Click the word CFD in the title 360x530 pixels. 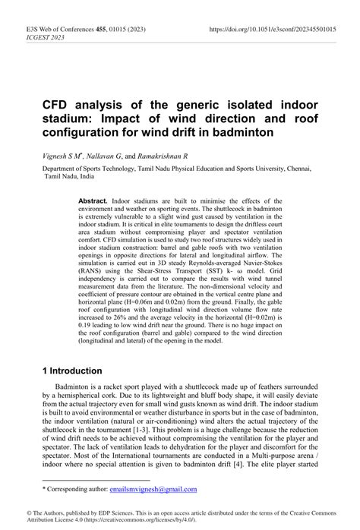tap(57, 104)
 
